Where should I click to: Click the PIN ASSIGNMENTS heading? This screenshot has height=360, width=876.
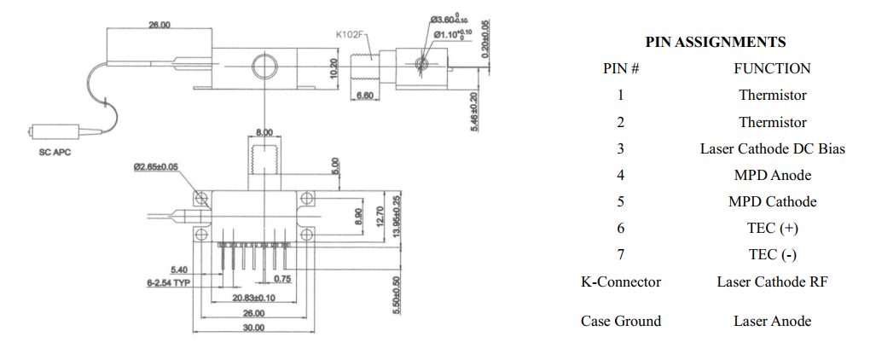[715, 42]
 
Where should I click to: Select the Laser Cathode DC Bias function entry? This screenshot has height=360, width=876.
[772, 148]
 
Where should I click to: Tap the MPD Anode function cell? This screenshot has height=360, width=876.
[772, 175]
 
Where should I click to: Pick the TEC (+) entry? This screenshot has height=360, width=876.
[772, 228]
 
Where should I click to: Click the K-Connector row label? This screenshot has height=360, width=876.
[621, 282]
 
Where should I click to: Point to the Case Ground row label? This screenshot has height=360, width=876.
[621, 321]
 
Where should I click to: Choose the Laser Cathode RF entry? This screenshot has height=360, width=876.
[772, 282]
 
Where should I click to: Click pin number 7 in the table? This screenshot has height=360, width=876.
[621, 254]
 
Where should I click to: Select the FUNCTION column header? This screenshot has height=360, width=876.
[772, 68]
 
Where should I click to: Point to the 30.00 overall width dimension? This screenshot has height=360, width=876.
[253, 328]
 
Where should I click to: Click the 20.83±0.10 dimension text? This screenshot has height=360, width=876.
[253, 298]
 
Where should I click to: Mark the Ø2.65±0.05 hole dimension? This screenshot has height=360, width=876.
[156, 168]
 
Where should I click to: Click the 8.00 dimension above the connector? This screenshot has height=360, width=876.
[265, 133]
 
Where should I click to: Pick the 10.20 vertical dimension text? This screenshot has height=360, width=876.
[334, 68]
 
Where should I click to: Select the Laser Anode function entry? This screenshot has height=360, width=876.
[772, 321]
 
